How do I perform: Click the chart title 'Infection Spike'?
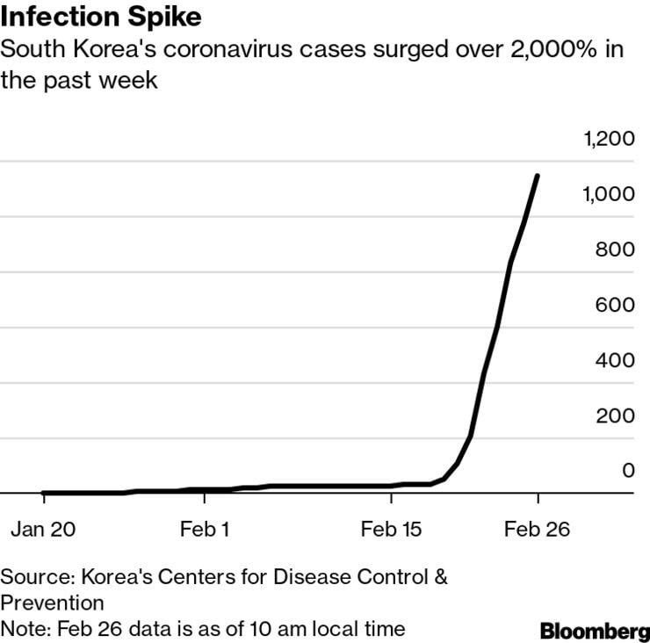[x=101, y=17]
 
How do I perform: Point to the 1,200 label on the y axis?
[x=609, y=139]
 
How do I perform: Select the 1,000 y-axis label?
[x=609, y=194]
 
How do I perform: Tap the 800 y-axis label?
[x=615, y=249]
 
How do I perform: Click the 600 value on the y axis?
[x=615, y=305]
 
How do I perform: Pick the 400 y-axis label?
[x=615, y=360]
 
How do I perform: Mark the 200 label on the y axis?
[x=615, y=415]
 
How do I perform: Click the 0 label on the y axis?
[x=628, y=471]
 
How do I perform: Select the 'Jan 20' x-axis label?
[x=43, y=530]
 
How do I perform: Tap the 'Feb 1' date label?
[x=205, y=530]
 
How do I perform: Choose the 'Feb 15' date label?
[x=391, y=530]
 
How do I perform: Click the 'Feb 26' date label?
[x=537, y=530]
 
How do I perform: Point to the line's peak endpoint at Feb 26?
[x=538, y=176]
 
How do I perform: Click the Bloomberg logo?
[x=595, y=631]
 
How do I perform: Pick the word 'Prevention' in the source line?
[x=52, y=603]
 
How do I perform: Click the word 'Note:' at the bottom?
[x=25, y=629]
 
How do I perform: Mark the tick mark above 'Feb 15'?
[x=392, y=498]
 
